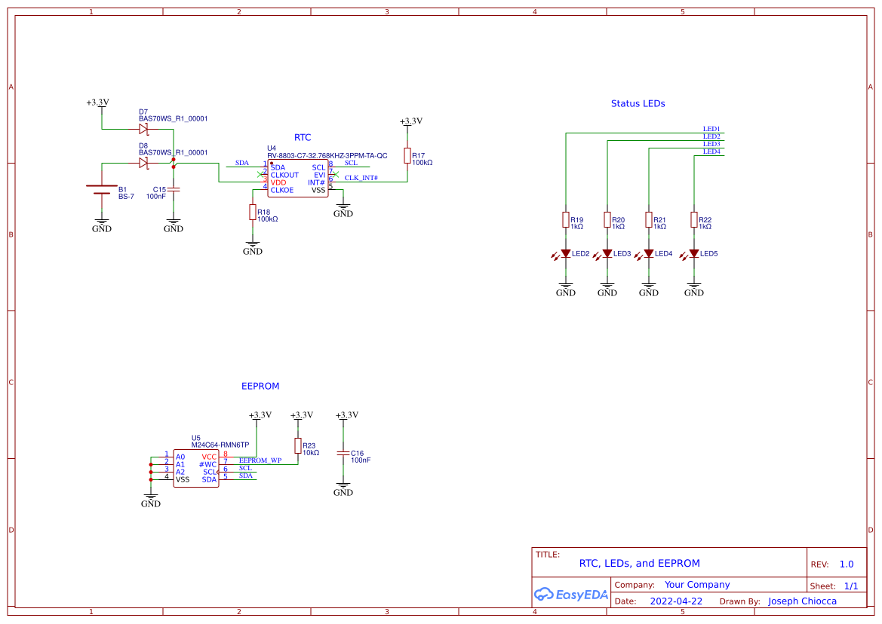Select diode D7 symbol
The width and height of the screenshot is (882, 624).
click(143, 129)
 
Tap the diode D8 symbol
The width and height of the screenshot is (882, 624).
click(143, 163)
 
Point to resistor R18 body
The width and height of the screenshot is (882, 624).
click(253, 213)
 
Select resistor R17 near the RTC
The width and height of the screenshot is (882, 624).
click(407, 155)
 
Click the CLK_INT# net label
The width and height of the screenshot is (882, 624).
click(361, 178)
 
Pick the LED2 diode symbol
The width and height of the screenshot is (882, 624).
click(566, 254)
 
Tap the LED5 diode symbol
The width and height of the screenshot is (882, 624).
click(694, 254)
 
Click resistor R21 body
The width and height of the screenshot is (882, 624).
click(649, 219)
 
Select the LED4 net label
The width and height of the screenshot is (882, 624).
click(711, 151)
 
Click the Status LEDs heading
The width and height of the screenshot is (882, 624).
click(638, 103)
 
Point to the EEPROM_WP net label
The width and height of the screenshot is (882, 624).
click(260, 460)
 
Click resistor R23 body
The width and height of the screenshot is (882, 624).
click(298, 445)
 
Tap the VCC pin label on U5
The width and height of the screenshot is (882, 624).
click(209, 457)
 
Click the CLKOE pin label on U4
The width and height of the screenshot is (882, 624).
click(282, 190)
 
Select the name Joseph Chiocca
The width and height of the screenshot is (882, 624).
click(802, 601)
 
